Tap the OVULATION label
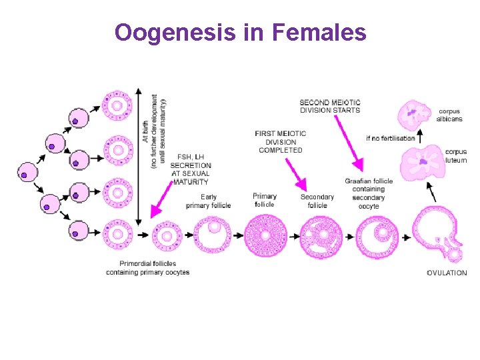446,273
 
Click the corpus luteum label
456,156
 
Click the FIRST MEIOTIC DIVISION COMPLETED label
280,142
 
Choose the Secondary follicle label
317,201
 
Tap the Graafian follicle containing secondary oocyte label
369,193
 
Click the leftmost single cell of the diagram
26,172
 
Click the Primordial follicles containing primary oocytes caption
147,268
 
